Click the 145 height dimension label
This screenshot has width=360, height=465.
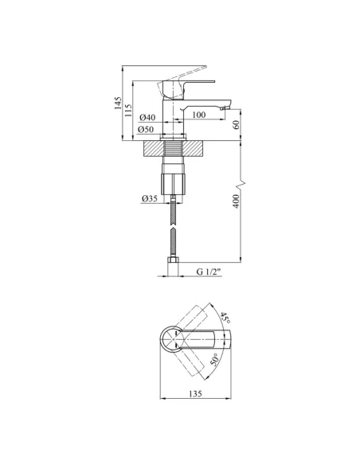(119, 103)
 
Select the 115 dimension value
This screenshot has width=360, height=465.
(128, 111)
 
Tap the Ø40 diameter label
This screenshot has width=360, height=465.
(147, 117)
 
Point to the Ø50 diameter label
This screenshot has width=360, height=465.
(146, 129)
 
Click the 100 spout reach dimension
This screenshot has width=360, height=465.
(198, 115)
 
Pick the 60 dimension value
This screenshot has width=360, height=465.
(236, 125)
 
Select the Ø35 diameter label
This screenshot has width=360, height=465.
(150, 198)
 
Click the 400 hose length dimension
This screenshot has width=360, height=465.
(236, 201)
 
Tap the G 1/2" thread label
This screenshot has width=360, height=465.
(209, 272)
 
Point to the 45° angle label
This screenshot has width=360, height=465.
(225, 318)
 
